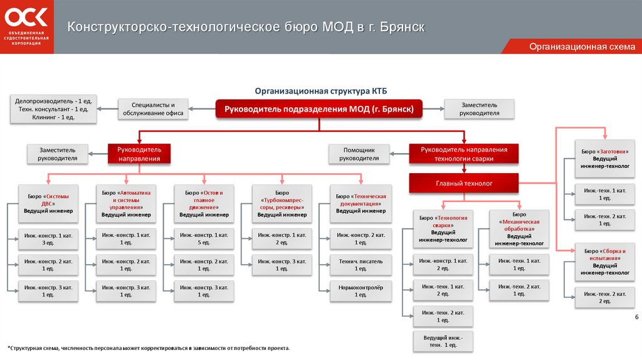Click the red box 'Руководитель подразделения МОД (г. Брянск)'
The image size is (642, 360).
320,109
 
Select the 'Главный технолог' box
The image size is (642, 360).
465,183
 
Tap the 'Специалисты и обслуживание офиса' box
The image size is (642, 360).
154,109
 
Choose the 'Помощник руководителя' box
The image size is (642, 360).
359,154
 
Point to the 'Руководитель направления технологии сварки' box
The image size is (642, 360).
465,154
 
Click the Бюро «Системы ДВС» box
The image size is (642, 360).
48,203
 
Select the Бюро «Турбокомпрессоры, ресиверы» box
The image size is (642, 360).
282,203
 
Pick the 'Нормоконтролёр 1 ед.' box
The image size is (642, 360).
360,289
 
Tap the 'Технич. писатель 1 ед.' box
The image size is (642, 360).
360,264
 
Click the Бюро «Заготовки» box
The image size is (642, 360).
605,159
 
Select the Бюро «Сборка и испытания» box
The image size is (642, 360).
605,262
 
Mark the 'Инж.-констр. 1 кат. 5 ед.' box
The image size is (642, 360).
204,239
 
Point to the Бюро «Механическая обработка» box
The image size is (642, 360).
519,229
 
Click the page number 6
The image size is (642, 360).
636,317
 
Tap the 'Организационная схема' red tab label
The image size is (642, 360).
582,47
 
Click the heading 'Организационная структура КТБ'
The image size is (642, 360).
316,90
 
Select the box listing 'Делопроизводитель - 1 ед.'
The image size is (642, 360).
53,109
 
